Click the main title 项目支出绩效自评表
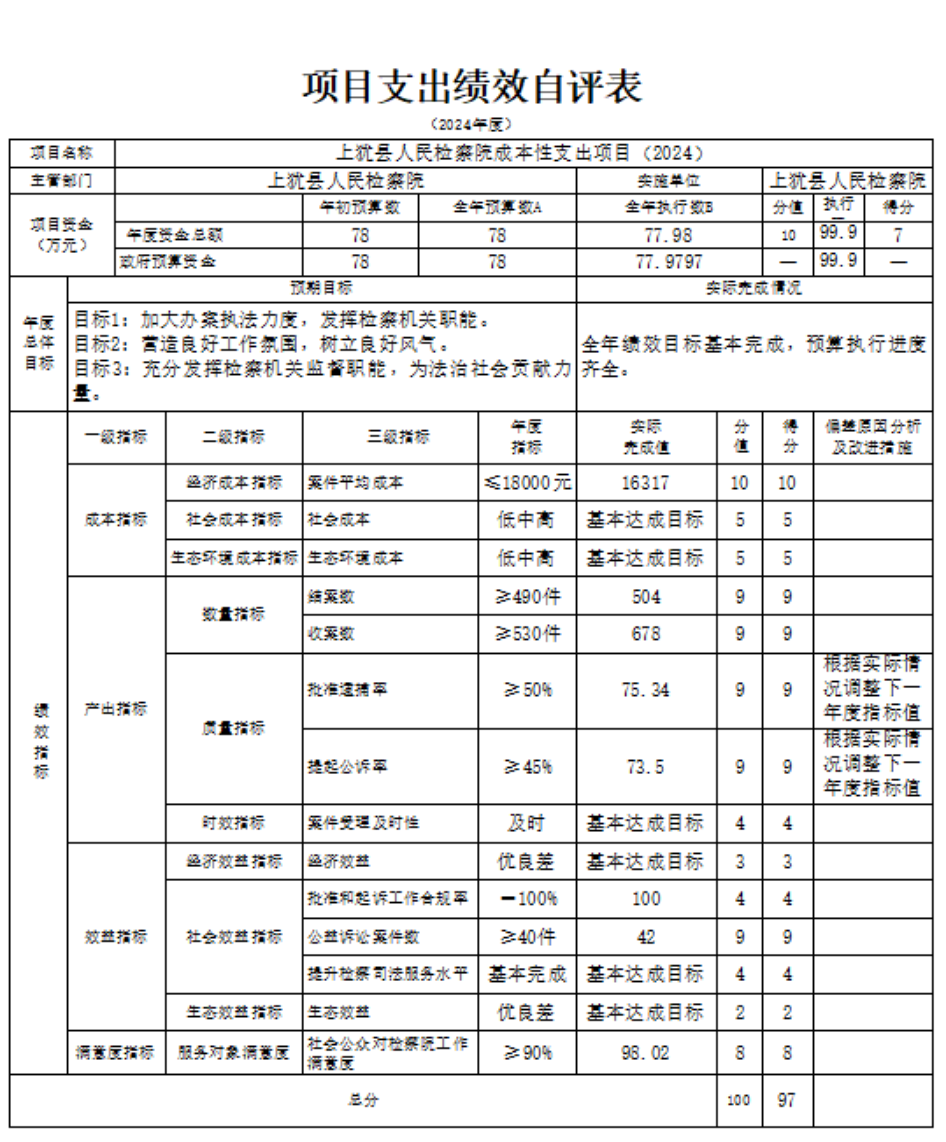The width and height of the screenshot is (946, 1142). click(x=472, y=87)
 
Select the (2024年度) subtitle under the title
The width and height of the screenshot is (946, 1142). click(x=472, y=125)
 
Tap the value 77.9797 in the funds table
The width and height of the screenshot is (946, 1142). click(x=669, y=261)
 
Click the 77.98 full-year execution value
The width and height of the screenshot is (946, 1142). click(x=668, y=235)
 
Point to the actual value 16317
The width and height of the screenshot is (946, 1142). click(x=645, y=483)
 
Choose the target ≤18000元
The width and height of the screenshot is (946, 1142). click(x=527, y=483)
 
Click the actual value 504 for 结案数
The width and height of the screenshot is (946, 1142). click(x=646, y=596)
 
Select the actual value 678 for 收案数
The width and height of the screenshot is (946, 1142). click(x=646, y=633)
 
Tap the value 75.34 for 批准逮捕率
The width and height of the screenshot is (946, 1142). click(x=645, y=690)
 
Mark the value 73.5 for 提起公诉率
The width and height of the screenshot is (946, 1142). click(x=645, y=767)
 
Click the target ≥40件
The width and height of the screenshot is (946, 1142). click(x=527, y=937)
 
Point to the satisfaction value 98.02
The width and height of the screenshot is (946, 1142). click(x=645, y=1053)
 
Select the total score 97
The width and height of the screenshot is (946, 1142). click(x=786, y=1100)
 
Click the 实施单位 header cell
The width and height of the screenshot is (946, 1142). click(x=668, y=181)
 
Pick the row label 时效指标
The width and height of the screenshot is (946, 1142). click(x=233, y=823)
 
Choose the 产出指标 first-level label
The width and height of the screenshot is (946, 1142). click(x=116, y=709)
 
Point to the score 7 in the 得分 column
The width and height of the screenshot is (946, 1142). click(x=898, y=235)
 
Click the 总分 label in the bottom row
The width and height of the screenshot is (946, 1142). click(x=363, y=1100)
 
